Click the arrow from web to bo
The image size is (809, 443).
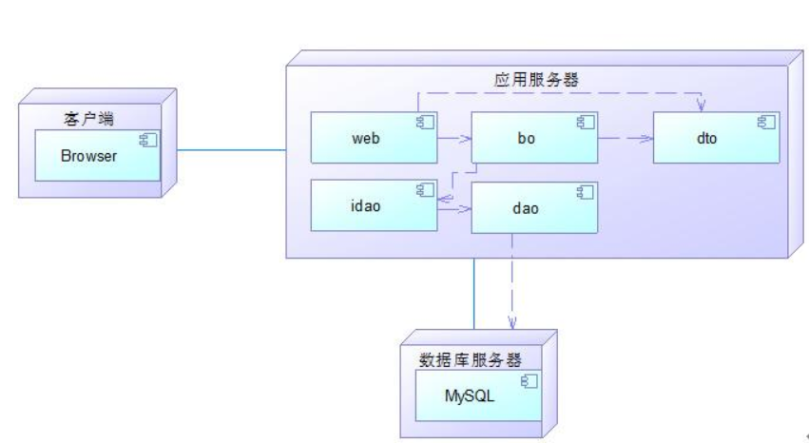pos(454,139)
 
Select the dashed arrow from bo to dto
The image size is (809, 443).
pos(625,139)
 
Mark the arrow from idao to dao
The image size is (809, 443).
pos(454,205)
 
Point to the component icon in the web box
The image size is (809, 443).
pos(424,122)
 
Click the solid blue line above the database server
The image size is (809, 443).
pos(473,295)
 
